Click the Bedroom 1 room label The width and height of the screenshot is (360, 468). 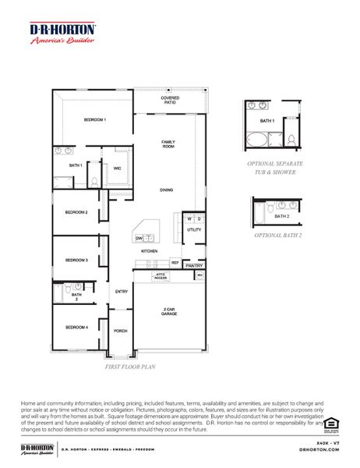[x=95, y=119]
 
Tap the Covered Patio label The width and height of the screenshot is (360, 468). [x=170, y=101]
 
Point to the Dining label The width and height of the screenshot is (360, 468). [x=167, y=190]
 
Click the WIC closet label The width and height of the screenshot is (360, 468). [x=117, y=168]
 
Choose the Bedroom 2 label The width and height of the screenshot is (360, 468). [x=76, y=212]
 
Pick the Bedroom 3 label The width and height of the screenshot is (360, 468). [x=76, y=260]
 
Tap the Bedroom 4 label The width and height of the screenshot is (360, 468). [x=76, y=327]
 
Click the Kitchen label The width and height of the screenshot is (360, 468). [x=150, y=252]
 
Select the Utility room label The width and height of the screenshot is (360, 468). [x=194, y=230]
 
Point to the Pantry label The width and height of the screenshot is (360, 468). [x=195, y=266]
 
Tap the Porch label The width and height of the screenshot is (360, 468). [x=121, y=331]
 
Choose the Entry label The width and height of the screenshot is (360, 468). [x=122, y=292]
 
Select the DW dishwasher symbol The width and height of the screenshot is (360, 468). [x=139, y=238]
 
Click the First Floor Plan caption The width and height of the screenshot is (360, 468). [x=130, y=365]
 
